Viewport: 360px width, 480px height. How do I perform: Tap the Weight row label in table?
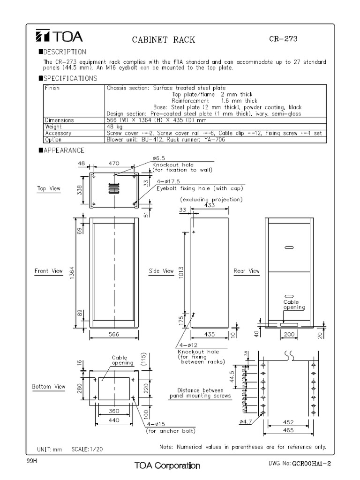[53, 127]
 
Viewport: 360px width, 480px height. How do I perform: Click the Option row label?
[53, 139]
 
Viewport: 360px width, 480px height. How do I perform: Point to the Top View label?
[49, 188]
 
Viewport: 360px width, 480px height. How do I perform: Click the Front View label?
[48, 271]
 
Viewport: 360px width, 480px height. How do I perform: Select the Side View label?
[162, 271]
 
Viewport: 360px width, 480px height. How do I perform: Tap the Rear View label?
[247, 271]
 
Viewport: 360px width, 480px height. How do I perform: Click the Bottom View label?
[48, 387]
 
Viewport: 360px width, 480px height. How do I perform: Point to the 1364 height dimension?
[73, 273]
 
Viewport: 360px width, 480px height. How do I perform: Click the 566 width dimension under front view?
[114, 335]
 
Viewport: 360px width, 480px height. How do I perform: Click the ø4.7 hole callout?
[246, 421]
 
